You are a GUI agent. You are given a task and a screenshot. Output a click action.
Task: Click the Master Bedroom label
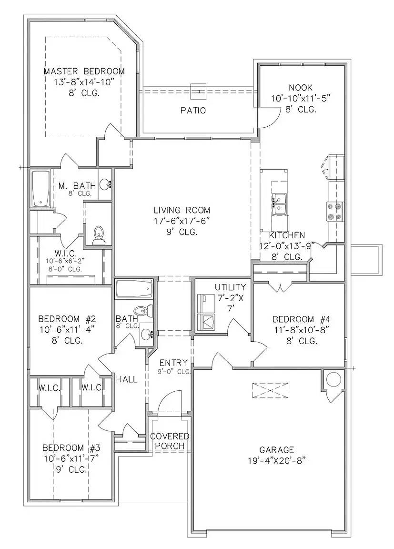[x=84, y=71]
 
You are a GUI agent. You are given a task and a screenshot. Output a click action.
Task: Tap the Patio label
[x=193, y=111]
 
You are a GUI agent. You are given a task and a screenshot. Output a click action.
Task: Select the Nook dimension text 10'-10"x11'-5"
[x=301, y=98]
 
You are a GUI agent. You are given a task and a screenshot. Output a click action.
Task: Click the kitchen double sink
[x=280, y=205]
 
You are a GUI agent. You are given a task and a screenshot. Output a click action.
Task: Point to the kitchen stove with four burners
[x=335, y=212]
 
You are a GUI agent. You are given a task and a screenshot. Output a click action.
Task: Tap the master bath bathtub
[x=41, y=188]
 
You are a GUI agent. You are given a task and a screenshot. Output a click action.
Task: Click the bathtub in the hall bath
[x=134, y=288]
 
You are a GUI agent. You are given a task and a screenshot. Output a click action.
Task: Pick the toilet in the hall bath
[x=143, y=311]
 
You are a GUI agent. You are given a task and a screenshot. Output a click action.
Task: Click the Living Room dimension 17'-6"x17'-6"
[x=182, y=221]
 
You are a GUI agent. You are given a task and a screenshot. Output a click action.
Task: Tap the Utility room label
[x=230, y=287]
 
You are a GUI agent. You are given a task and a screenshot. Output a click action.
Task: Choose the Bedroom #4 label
[x=302, y=319]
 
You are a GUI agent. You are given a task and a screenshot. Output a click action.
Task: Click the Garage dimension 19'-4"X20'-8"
[x=276, y=460]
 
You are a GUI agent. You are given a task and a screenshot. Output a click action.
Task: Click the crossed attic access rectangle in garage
[x=271, y=390]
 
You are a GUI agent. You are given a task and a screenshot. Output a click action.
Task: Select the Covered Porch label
[x=170, y=441]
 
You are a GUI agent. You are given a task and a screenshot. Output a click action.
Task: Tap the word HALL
[x=127, y=379]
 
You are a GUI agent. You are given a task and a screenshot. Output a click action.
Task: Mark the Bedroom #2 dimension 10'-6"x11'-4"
[x=67, y=329]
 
